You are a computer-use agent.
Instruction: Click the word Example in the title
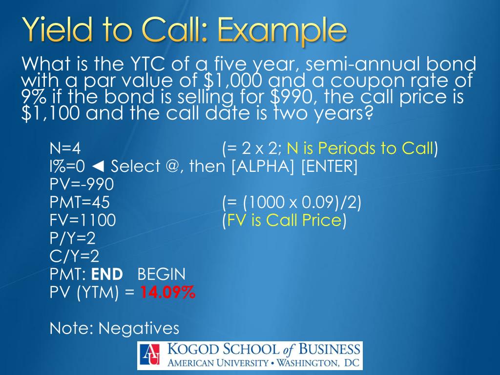click(282, 31)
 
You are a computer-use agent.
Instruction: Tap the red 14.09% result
click(168, 293)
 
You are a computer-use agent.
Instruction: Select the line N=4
click(68, 148)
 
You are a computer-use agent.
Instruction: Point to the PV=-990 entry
click(82, 185)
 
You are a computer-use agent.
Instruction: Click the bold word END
click(107, 274)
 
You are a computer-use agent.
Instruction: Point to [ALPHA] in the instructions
click(264, 167)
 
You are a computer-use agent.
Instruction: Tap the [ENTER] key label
click(330, 167)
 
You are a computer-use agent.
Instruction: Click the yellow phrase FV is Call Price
click(283, 221)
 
